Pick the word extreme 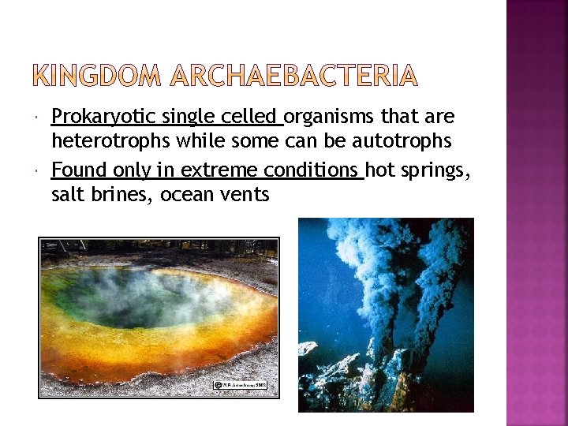pos(221,170)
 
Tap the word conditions pos(313,170)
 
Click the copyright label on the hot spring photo pos(241,385)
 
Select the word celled pos(252,118)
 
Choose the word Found pos(79,170)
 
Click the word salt pos(67,194)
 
